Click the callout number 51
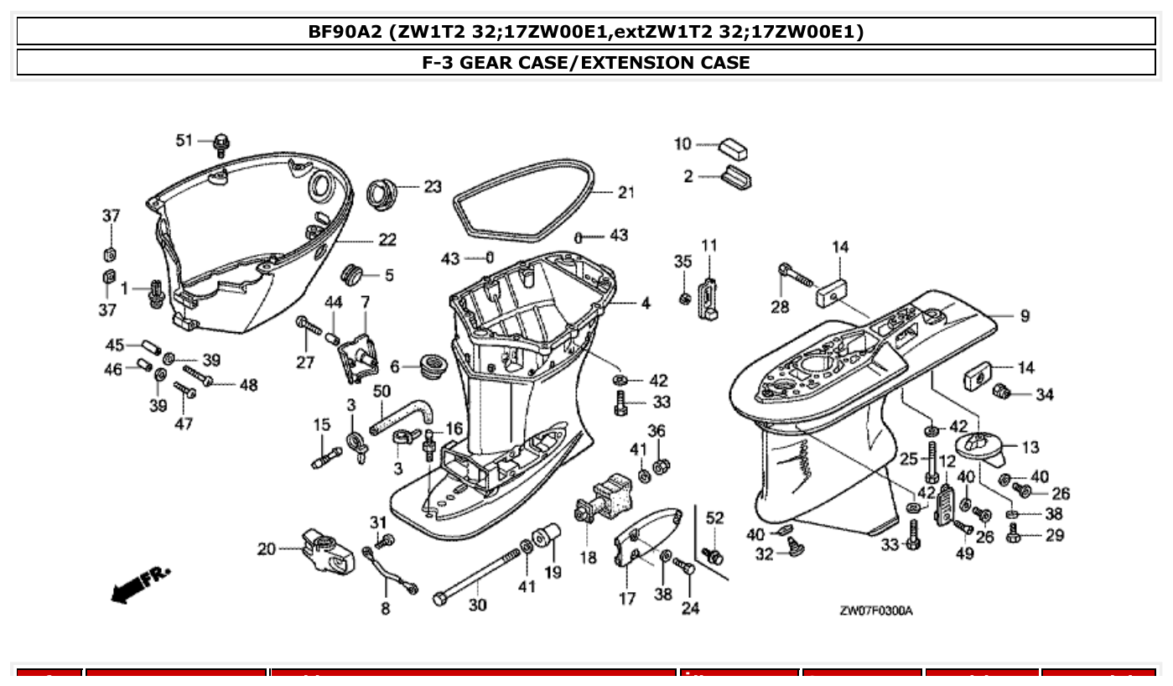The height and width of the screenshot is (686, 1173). click(x=184, y=140)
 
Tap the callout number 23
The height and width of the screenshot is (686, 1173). click(x=432, y=186)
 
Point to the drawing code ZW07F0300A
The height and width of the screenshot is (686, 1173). click(x=876, y=611)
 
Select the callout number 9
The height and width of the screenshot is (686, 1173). click(x=1025, y=316)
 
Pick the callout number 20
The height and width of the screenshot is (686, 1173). click(x=266, y=549)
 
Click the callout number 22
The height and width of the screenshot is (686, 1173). click(x=387, y=240)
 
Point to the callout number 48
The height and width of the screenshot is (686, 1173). click(x=248, y=385)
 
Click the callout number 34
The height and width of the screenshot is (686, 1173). click(x=1044, y=394)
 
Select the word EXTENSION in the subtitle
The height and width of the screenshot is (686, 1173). click(x=632, y=62)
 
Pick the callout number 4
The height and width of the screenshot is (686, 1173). click(x=646, y=304)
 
